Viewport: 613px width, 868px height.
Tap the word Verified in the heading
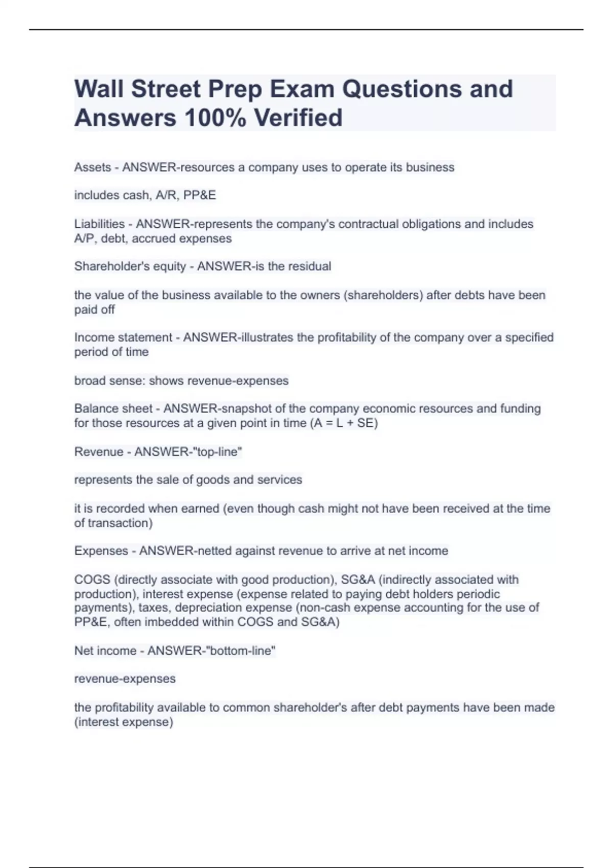coord(298,118)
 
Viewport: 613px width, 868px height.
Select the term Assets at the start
coord(92,167)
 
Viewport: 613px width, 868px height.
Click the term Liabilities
coord(99,224)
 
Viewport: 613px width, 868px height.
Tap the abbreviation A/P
coord(84,238)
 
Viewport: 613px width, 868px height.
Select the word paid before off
coord(85,310)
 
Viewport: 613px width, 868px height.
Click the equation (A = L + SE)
coord(344,423)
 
